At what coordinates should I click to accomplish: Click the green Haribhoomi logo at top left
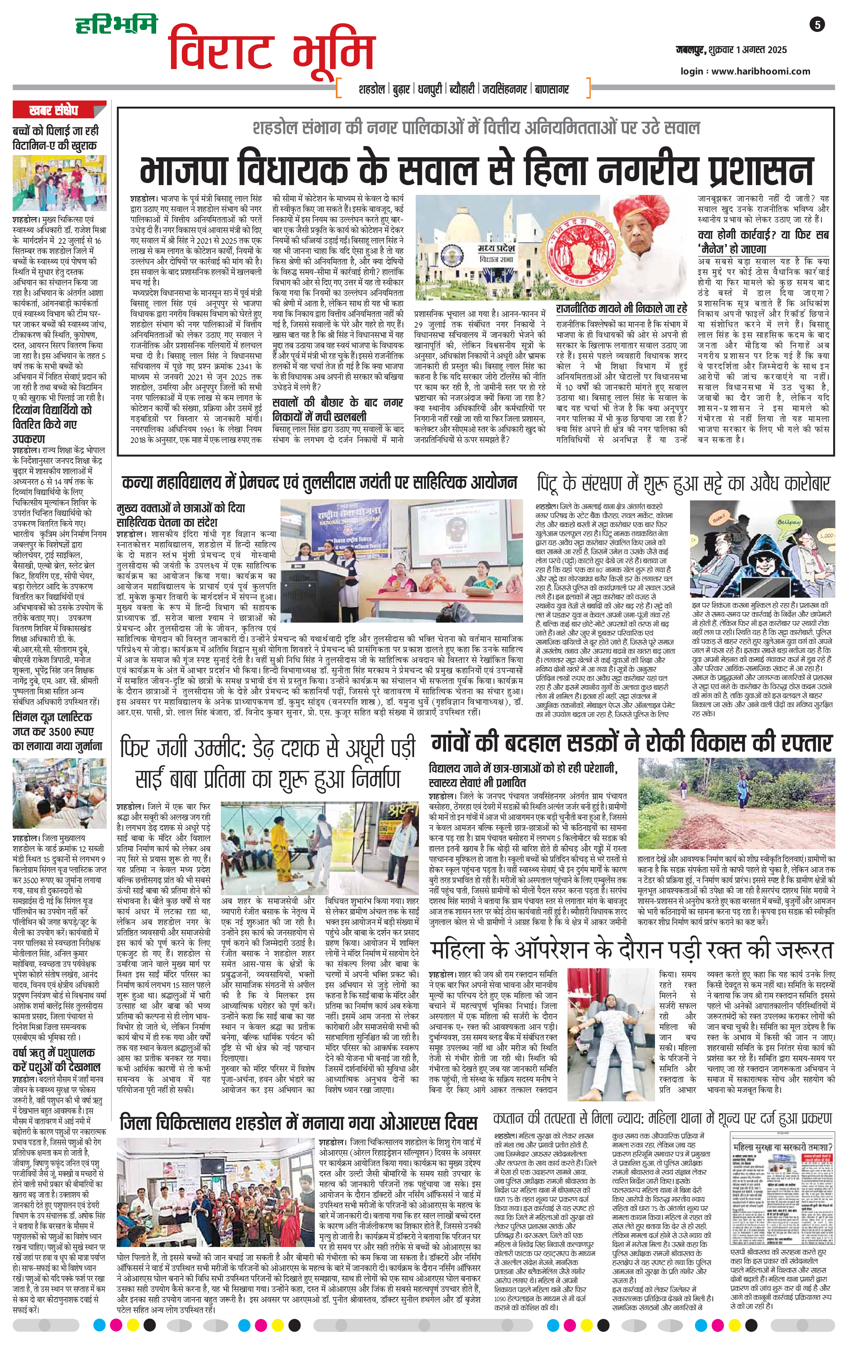[117, 25]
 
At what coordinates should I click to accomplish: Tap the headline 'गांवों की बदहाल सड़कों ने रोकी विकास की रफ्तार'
[631, 743]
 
